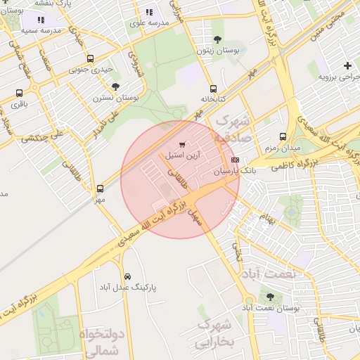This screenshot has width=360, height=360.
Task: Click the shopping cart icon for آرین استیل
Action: point(183,143)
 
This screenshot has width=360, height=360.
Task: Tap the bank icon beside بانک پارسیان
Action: point(235,160)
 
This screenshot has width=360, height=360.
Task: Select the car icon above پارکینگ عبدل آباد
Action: point(127,276)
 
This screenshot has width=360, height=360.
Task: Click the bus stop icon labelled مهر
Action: point(100,188)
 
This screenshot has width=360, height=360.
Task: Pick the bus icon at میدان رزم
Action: point(283,136)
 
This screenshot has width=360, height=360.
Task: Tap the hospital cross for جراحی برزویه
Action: point(347,65)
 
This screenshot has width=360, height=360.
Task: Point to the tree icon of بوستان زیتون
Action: point(216,39)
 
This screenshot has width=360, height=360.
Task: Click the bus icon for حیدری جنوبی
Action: point(89,59)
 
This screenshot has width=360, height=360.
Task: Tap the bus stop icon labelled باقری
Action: point(18,93)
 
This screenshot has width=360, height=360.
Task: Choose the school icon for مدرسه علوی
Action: point(148,12)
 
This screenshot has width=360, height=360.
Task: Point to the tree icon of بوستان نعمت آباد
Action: point(271,297)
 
